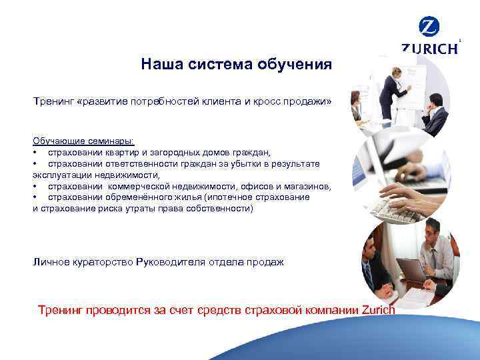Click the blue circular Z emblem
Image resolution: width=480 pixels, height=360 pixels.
click(429, 27)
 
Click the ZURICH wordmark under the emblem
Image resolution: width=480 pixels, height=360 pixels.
click(430, 49)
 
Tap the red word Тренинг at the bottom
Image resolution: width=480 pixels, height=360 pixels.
click(61, 310)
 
